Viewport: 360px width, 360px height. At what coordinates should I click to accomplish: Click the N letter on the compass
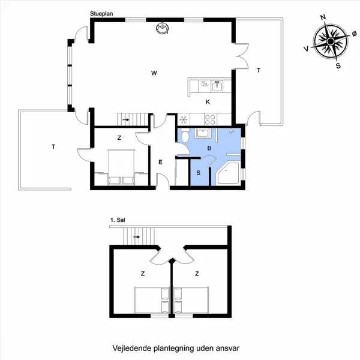[323, 18]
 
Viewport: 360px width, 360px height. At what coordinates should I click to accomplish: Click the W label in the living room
[154, 73]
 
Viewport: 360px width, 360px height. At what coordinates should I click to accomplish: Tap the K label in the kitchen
[208, 101]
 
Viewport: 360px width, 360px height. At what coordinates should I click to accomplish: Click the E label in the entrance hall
[160, 162]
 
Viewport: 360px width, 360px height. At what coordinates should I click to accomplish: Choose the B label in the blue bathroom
[209, 148]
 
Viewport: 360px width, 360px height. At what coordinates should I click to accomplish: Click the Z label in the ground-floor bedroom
[119, 138]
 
